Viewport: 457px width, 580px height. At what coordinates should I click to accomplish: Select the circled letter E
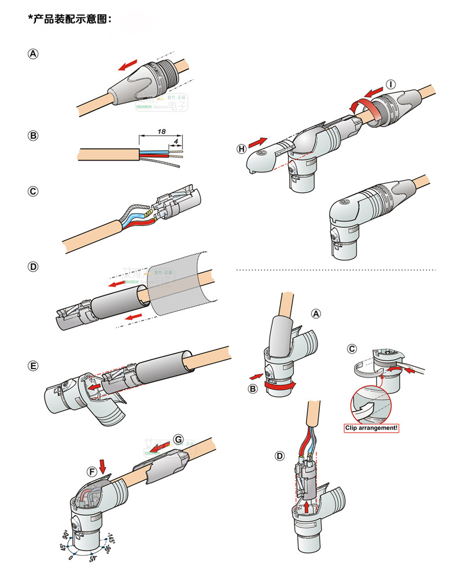click(x=34, y=366)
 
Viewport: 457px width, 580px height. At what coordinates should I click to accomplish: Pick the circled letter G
click(x=178, y=439)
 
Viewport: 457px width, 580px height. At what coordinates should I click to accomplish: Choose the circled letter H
click(x=241, y=148)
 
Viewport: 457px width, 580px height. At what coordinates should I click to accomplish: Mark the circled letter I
click(x=392, y=85)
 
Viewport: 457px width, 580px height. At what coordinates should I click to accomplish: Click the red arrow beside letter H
click(x=259, y=141)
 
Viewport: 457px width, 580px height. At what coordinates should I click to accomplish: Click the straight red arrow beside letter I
click(x=374, y=91)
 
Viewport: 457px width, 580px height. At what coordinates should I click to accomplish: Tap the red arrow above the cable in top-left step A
click(x=128, y=65)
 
